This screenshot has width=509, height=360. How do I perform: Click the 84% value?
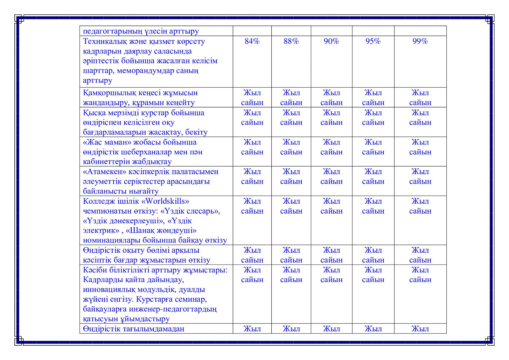click(252, 41)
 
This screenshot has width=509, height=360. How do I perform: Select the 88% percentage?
click(291, 41)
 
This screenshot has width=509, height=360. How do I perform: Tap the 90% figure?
click(331, 41)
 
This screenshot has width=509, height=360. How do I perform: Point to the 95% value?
click(373, 41)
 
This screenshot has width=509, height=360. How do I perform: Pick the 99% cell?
click(420, 41)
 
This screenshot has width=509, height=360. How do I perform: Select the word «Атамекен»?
click(104, 172)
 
